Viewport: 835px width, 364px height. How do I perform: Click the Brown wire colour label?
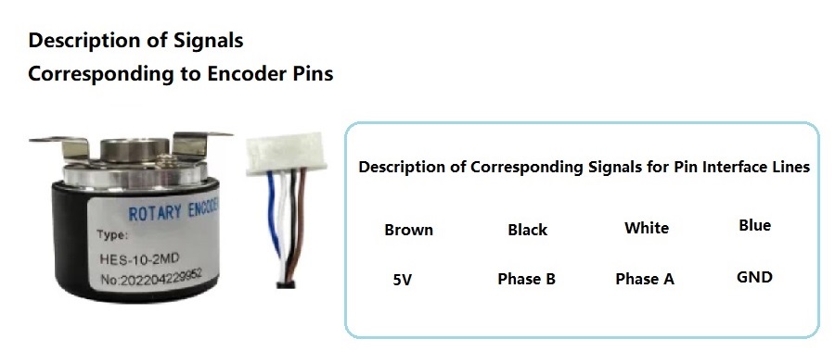point(408,230)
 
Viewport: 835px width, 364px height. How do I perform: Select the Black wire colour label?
point(527,230)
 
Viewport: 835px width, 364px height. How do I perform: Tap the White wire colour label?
point(647,228)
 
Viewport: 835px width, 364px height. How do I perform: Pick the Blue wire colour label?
point(754,225)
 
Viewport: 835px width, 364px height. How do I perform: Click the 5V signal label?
point(403,280)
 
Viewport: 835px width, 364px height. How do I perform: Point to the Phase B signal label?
point(526,279)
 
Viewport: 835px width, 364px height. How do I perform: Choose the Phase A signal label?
point(645,279)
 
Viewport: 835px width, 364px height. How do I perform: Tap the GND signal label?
point(754,277)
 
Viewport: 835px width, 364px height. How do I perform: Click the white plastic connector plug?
point(286,155)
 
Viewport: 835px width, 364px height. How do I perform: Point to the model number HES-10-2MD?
point(139,258)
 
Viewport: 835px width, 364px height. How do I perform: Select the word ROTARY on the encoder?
point(155,213)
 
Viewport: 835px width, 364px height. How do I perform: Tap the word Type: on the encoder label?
point(112,235)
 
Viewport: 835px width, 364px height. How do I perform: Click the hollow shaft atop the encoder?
point(135,149)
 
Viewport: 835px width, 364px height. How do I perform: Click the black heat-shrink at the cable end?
point(287,284)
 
